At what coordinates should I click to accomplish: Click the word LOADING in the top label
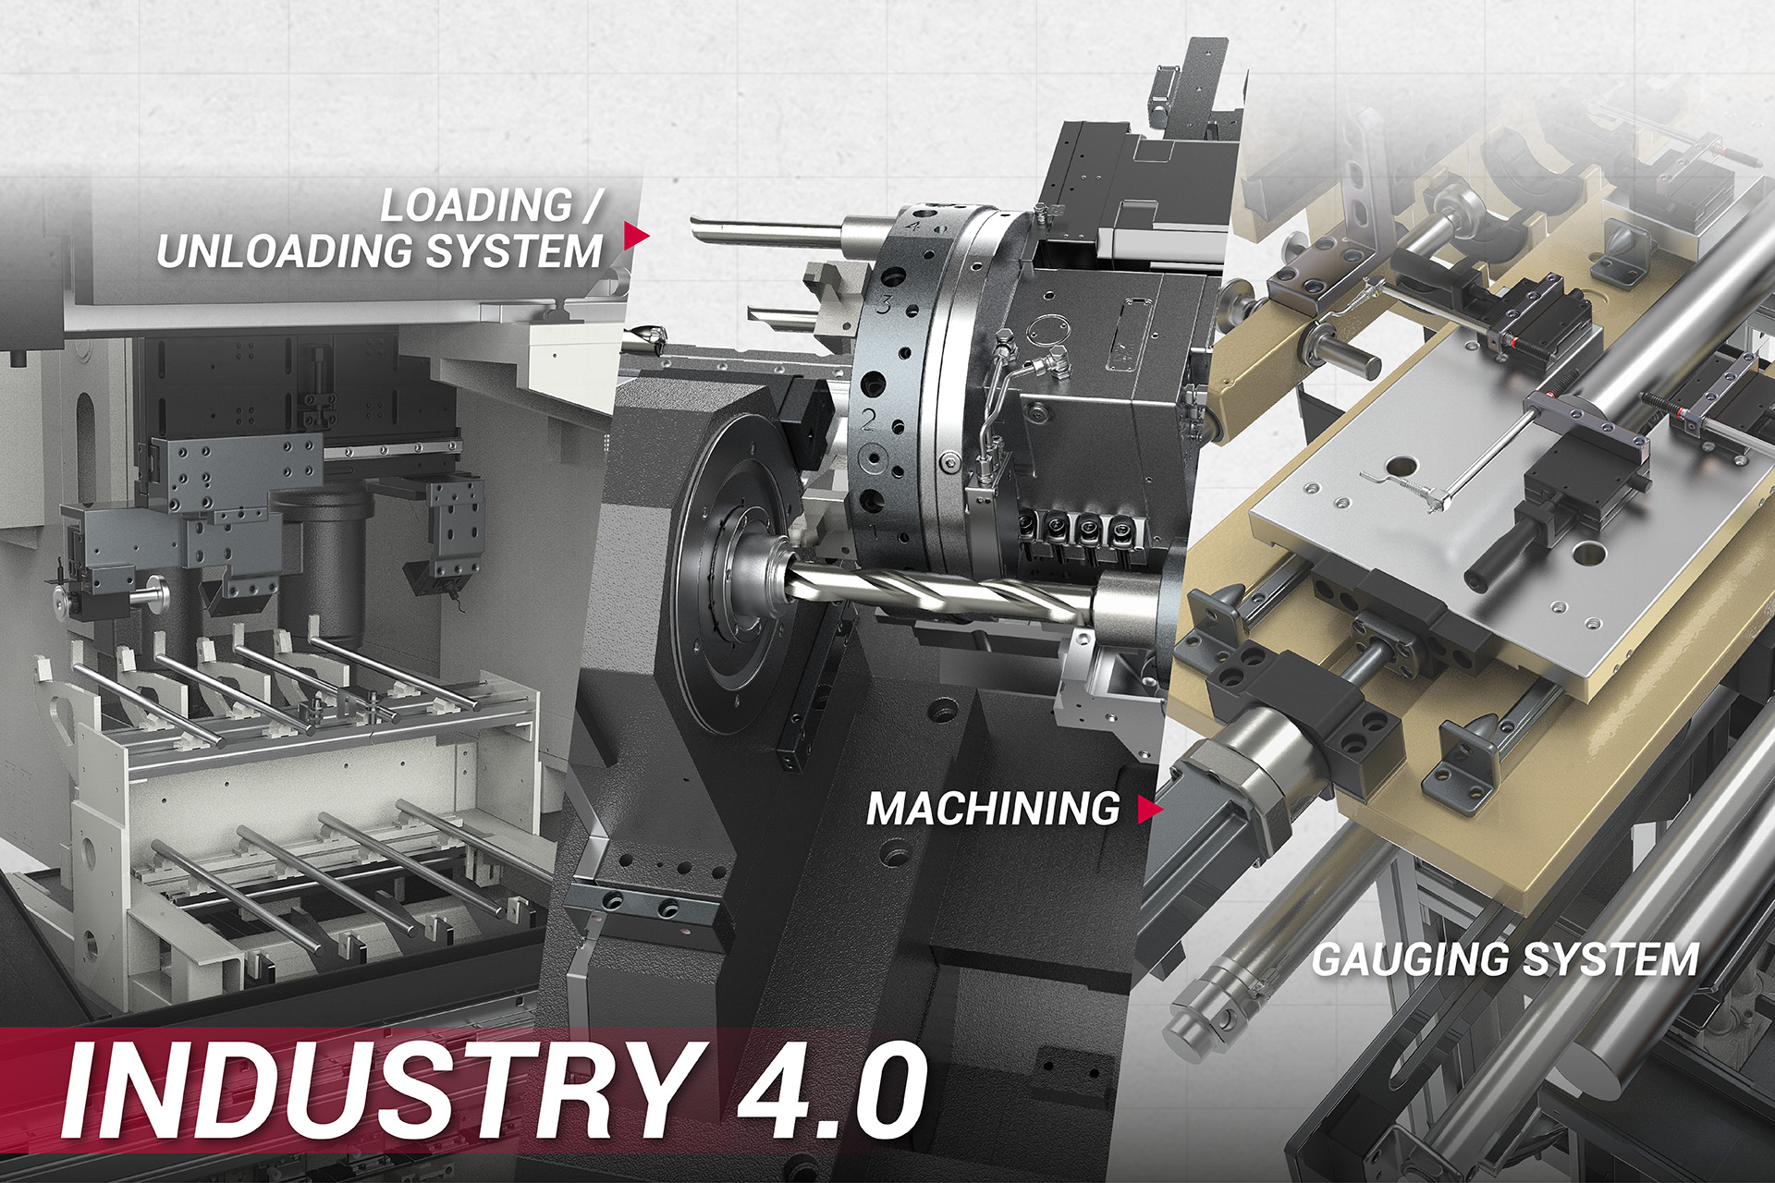477,205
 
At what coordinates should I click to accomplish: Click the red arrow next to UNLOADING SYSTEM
636,236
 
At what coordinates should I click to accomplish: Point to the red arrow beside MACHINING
1150,809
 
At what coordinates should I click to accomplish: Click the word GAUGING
1411,959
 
